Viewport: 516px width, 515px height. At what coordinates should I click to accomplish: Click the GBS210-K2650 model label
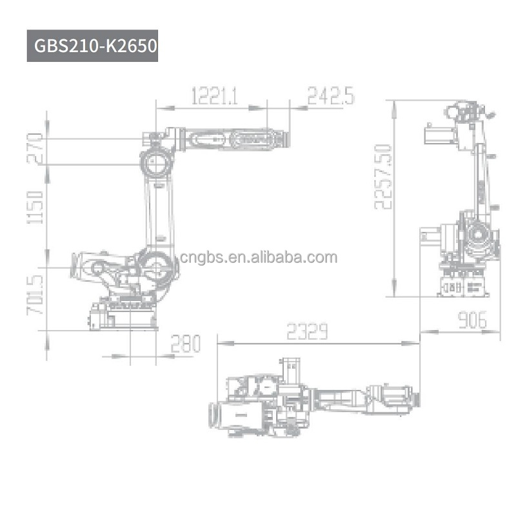(92, 46)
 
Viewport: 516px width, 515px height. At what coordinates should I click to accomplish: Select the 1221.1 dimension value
(215, 97)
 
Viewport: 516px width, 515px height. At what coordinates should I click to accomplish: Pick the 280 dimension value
(185, 343)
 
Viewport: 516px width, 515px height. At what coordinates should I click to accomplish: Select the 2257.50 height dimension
(384, 176)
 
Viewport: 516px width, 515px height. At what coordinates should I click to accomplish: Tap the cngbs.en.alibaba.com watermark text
(258, 258)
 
